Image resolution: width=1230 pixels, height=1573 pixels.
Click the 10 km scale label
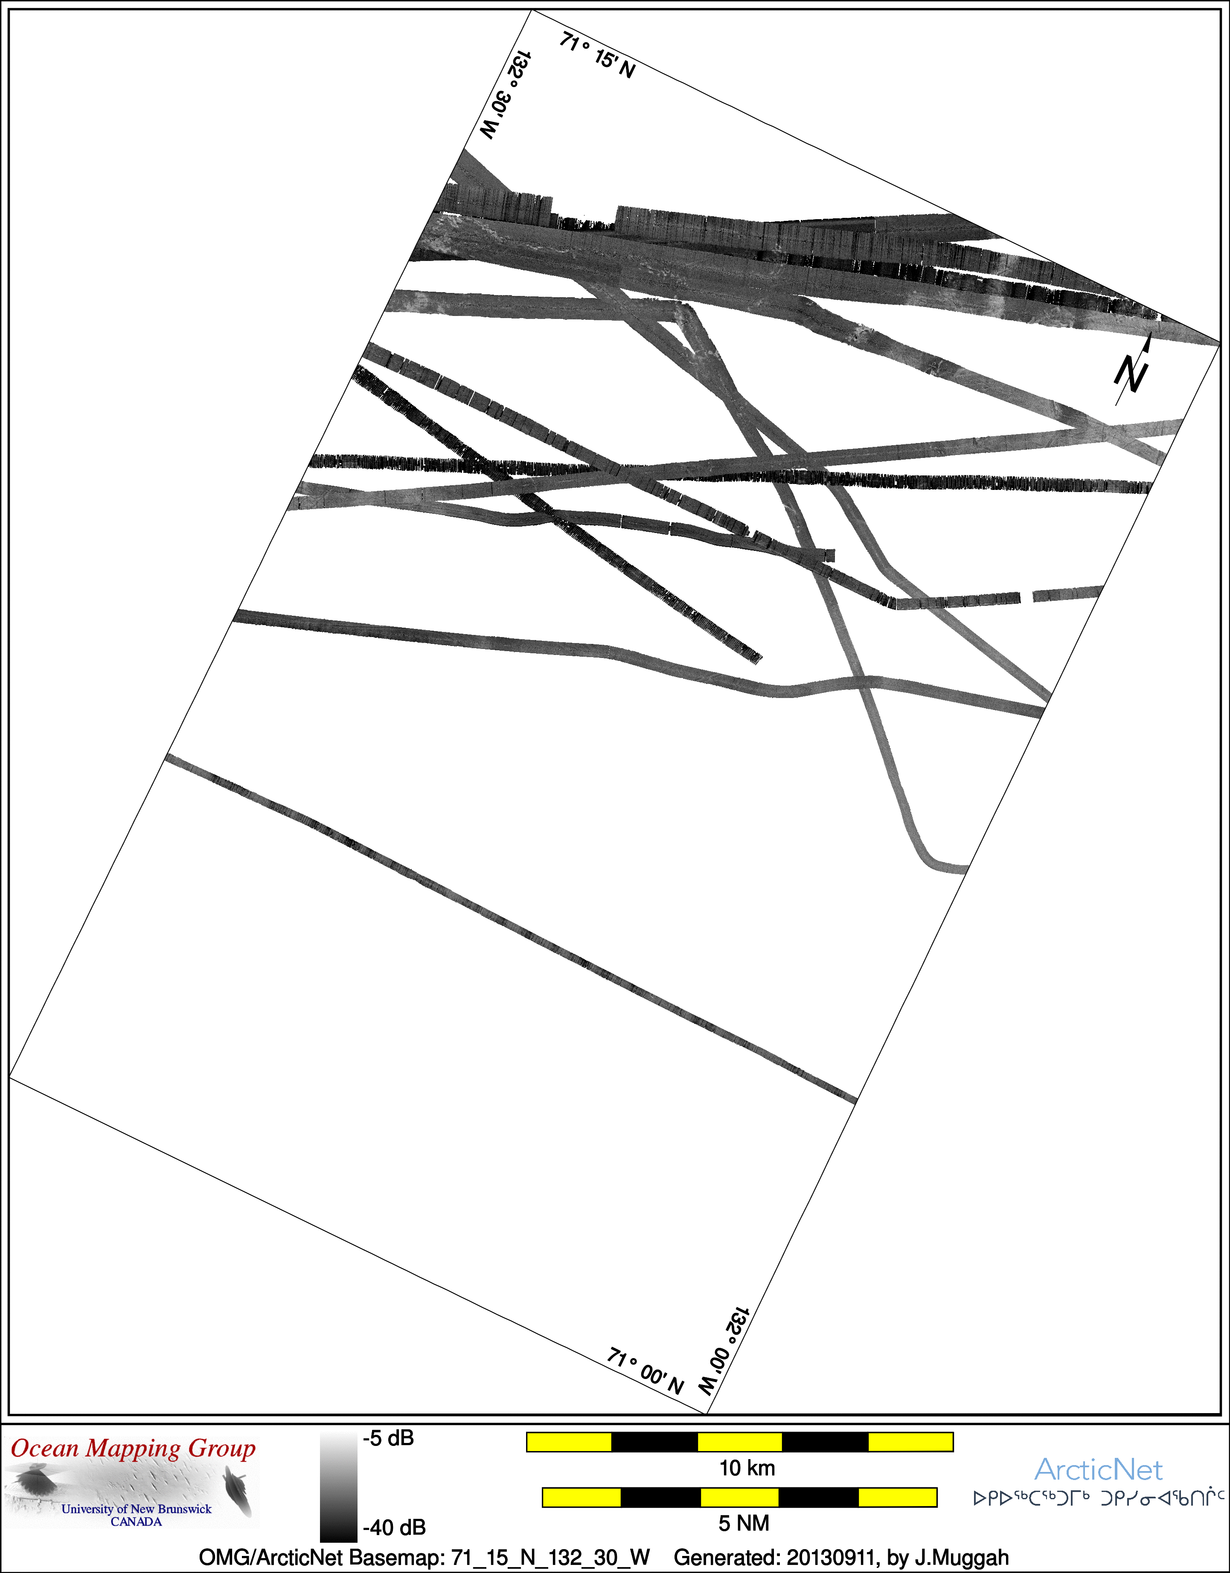click(747, 1469)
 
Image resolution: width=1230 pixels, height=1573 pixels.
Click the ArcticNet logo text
click(1098, 1470)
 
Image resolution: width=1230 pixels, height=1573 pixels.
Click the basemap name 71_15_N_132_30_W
click(550, 1557)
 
